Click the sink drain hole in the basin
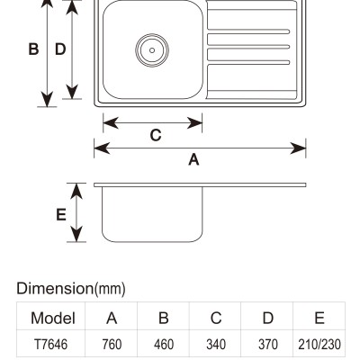pyautogui.click(x=152, y=50)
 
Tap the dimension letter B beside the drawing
pyautogui.click(x=33, y=49)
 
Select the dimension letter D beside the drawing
pyautogui.click(x=60, y=49)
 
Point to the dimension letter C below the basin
pyautogui.click(x=156, y=135)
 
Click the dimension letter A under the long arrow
pyautogui.click(x=193, y=159)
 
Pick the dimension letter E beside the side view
pyautogui.click(x=61, y=215)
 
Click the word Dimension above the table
pyautogui.click(x=56, y=288)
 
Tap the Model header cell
pyautogui.click(x=53, y=318)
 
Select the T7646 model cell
pyautogui.click(x=51, y=344)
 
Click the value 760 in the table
pyautogui.click(x=112, y=344)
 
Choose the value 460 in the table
pyautogui.click(x=164, y=344)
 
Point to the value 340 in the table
pyautogui.click(x=216, y=344)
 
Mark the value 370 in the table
pyautogui.click(x=268, y=344)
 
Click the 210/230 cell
pyautogui.click(x=319, y=344)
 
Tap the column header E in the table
pyautogui.click(x=319, y=318)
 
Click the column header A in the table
pyautogui.click(x=112, y=318)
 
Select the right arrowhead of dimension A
pyautogui.click(x=298, y=148)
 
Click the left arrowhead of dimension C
pyautogui.click(x=111, y=123)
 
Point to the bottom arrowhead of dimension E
pyautogui.click(x=76, y=234)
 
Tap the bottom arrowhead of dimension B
pyautogui.click(x=47, y=99)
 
